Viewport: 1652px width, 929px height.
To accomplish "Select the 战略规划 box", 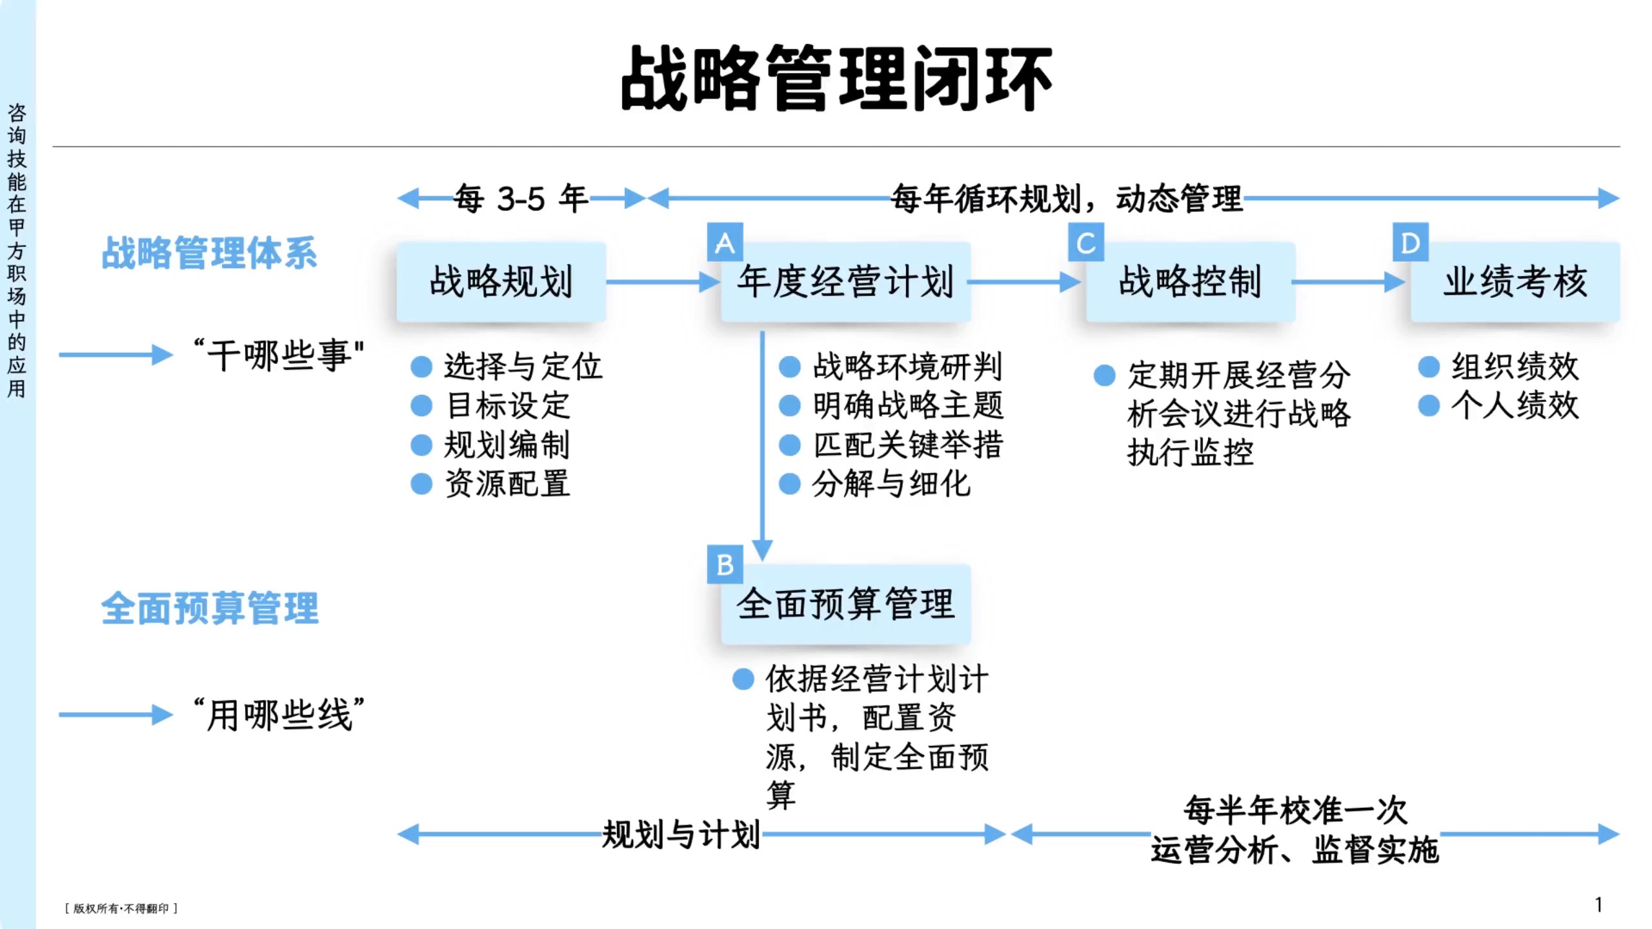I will tap(501, 282).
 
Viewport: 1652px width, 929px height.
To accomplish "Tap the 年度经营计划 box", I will tap(845, 282).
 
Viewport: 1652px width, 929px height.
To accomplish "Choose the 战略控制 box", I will tap(1191, 282).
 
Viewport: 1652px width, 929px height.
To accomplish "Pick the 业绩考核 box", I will tap(1515, 282).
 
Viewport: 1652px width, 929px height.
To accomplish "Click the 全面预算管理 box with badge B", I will tap(845, 604).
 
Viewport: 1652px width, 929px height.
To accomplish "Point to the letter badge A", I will tap(725, 243).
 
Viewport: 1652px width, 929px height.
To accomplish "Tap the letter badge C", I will tap(1086, 243).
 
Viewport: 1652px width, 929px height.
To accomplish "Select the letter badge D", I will tap(1410, 243).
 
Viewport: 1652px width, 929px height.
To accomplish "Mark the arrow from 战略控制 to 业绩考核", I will tap(1349, 282).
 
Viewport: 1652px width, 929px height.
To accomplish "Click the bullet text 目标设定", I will tap(508, 406).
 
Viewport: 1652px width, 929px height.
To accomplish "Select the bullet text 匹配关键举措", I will tap(907, 445).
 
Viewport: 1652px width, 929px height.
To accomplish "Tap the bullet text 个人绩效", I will tap(1515, 406).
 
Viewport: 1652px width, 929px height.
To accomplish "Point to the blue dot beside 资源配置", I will tap(421, 484).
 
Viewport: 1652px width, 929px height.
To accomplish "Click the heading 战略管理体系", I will tap(209, 252).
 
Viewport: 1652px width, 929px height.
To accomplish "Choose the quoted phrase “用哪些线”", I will tap(279, 714).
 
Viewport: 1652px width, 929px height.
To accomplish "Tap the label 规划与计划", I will tap(681, 835).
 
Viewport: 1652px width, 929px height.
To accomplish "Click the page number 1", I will tap(1598, 905).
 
